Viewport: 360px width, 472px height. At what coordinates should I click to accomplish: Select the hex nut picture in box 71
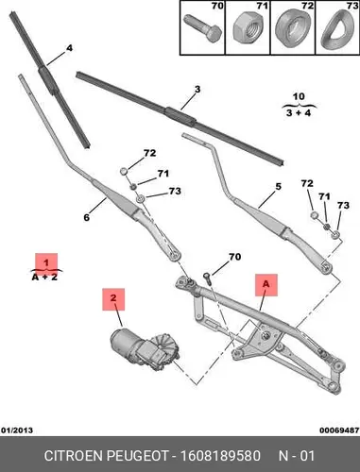(248, 27)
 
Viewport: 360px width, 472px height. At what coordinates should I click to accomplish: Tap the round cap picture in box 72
(291, 28)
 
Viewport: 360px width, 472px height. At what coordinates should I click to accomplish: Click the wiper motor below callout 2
(145, 348)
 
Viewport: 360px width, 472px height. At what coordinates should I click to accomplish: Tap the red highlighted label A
(266, 284)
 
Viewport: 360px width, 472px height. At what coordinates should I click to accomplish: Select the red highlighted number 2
(113, 299)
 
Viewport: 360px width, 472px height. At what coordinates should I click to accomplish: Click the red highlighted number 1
(46, 262)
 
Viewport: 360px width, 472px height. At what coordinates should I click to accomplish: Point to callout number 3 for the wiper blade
(197, 90)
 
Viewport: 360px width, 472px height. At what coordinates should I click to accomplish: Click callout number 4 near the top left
(69, 48)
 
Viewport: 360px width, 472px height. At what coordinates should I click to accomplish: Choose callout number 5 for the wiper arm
(278, 186)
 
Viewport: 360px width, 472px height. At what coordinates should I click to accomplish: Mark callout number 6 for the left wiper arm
(87, 217)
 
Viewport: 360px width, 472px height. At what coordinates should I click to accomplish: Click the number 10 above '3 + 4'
(299, 96)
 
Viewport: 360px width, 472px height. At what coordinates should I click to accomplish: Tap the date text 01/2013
(17, 430)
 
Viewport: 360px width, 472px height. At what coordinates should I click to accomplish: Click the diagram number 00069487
(339, 430)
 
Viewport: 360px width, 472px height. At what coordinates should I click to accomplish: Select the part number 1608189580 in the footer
(220, 456)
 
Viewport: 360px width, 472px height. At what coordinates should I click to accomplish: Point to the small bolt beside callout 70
(207, 278)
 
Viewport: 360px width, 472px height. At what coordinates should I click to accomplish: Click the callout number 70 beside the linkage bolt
(234, 257)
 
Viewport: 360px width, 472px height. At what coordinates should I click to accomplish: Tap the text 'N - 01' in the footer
(297, 456)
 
